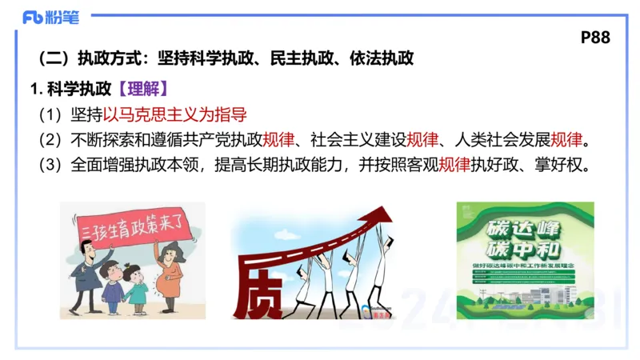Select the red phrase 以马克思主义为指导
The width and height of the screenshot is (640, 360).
174,113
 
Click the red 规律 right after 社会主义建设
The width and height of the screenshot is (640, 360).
422,140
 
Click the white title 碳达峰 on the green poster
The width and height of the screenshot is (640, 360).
526,222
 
